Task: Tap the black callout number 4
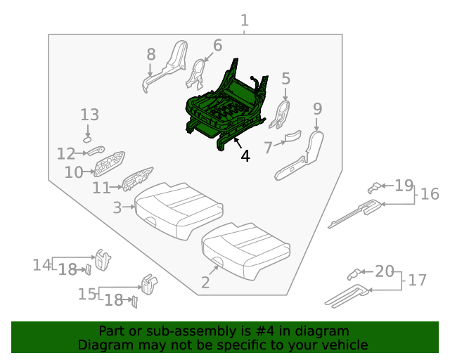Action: pyautogui.click(x=245, y=157)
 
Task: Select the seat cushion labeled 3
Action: pyautogui.click(x=178, y=210)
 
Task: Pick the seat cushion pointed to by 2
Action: pyautogui.click(x=245, y=251)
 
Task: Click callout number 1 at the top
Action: pyautogui.click(x=244, y=20)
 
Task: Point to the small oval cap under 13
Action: pyautogui.click(x=87, y=140)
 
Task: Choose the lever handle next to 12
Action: pyautogui.click(x=96, y=150)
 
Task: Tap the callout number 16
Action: pyautogui.click(x=430, y=194)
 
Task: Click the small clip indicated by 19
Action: pyautogui.click(x=374, y=188)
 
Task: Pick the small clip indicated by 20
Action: pyautogui.click(x=354, y=274)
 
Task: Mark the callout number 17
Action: pyautogui.click(x=417, y=280)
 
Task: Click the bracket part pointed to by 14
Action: pyautogui.click(x=102, y=260)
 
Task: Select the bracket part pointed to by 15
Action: pyautogui.click(x=149, y=284)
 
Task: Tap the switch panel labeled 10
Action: pyautogui.click(x=110, y=164)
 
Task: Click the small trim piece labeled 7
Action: pyautogui.click(x=292, y=136)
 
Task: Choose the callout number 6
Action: pyautogui.click(x=218, y=46)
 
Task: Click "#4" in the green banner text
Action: pyautogui.click(x=264, y=331)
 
